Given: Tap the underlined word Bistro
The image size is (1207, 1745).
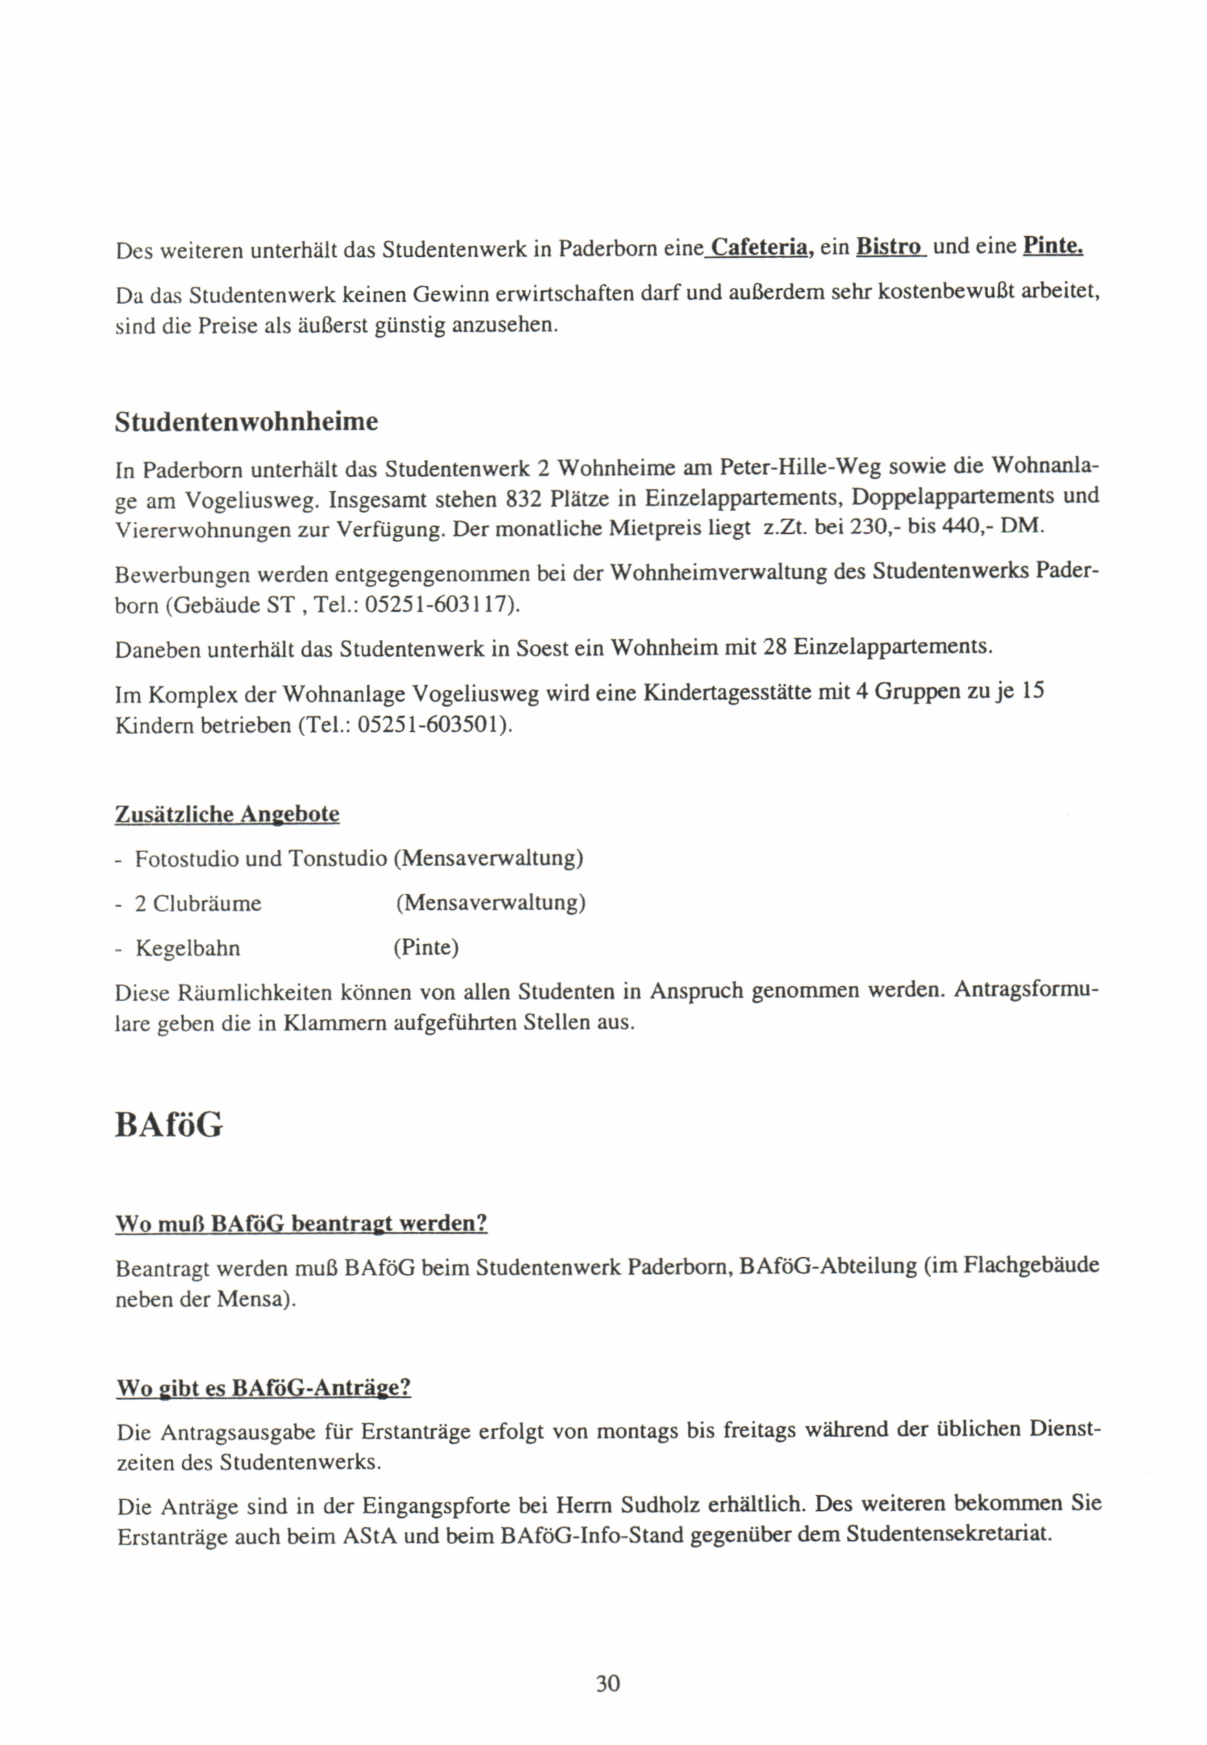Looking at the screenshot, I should pyautogui.click(x=889, y=248).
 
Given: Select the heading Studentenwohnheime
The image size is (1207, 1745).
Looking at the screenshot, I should pyautogui.click(x=247, y=422).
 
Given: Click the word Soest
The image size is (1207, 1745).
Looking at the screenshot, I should pyautogui.click(x=542, y=649).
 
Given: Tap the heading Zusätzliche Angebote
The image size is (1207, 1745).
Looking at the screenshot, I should pyautogui.click(x=227, y=815).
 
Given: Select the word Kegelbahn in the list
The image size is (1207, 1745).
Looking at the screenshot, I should pyautogui.click(x=188, y=949).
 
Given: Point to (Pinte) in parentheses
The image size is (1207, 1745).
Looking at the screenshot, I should pyautogui.click(x=425, y=947).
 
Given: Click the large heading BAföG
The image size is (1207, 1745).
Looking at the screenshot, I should pyautogui.click(x=168, y=1126).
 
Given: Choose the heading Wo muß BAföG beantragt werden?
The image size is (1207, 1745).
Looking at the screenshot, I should pyautogui.click(x=301, y=1224).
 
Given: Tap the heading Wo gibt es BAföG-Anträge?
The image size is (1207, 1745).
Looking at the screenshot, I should pyautogui.click(x=263, y=1388).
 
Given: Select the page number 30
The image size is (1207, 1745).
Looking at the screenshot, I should pyautogui.click(x=608, y=1684).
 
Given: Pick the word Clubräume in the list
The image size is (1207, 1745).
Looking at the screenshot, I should pyautogui.click(x=207, y=904).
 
